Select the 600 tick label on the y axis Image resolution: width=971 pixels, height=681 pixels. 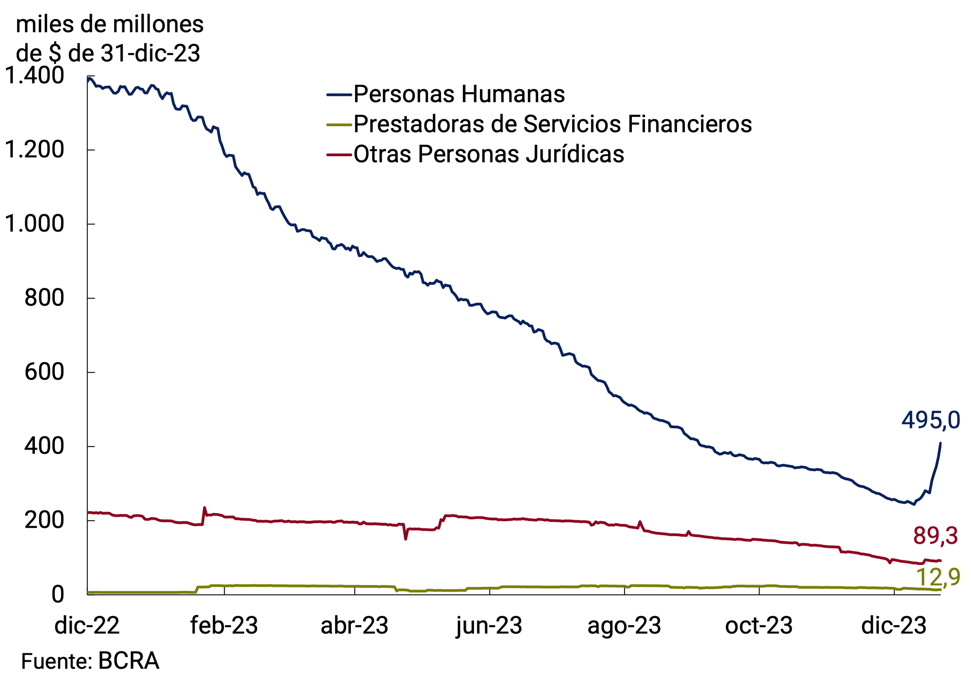tap(44, 372)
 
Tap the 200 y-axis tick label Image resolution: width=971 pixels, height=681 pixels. tap(44, 520)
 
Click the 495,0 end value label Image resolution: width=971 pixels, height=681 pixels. tap(930, 420)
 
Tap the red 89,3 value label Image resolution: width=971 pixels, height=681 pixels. tap(935, 536)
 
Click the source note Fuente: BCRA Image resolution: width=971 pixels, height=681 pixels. tap(90, 661)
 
